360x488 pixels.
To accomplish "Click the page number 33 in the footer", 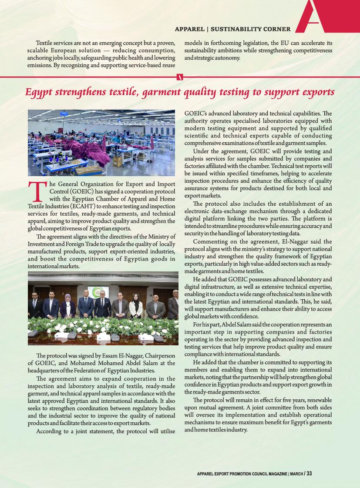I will coord(309,474).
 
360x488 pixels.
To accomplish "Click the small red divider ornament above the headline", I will coord(180,77).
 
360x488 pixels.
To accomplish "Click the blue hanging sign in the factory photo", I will coord(64,114).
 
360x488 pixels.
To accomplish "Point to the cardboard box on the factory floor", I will coord(140,156).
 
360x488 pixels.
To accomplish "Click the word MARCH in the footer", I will coord(296,474).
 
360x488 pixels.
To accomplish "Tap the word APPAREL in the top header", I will coord(189,29).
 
